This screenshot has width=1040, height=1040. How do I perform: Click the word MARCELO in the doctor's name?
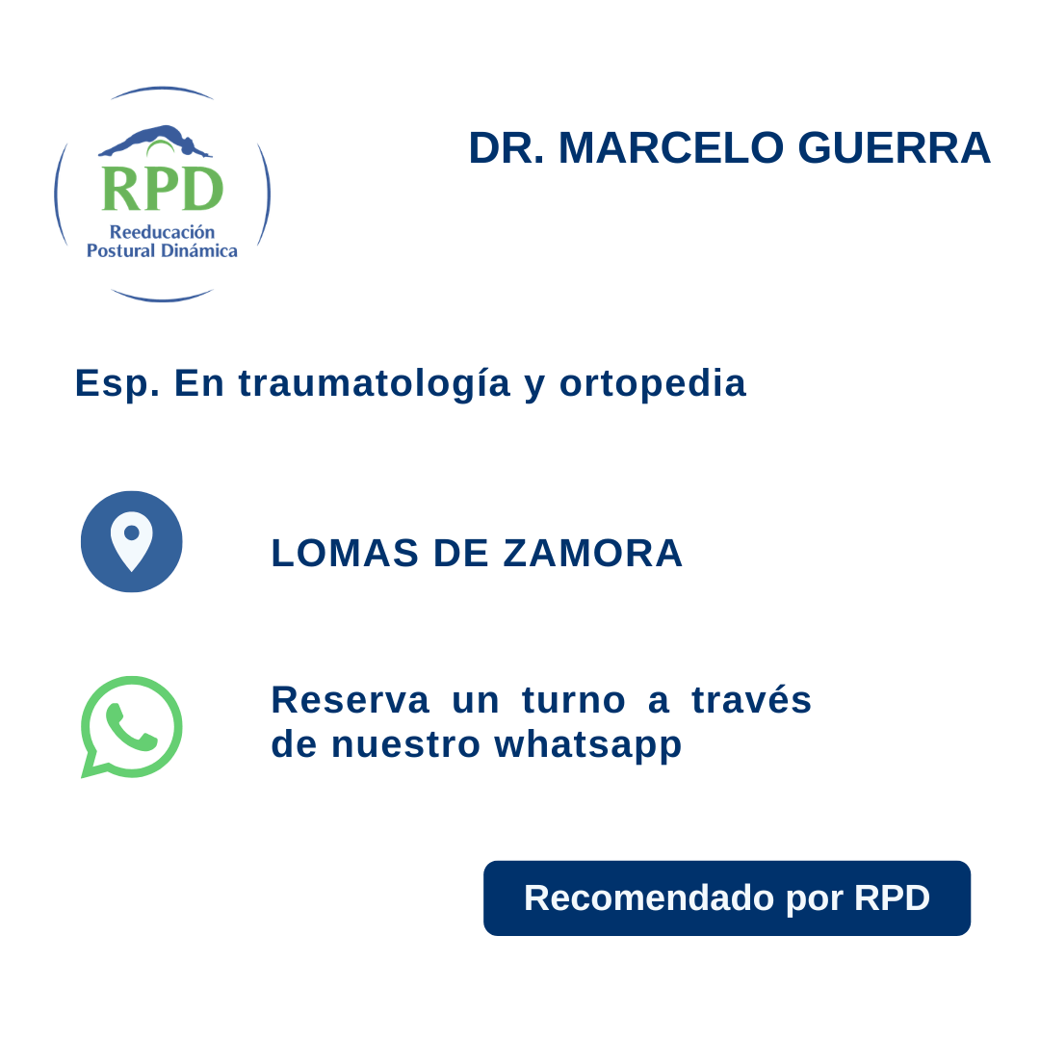pos(671,148)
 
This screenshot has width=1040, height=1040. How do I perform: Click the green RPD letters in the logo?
pos(162,189)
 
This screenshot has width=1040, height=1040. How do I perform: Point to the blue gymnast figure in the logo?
pos(154,140)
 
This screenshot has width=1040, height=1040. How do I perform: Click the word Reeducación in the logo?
pos(162,232)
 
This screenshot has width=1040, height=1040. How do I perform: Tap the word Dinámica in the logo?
pos(201,250)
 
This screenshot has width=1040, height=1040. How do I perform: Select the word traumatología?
pos(375,383)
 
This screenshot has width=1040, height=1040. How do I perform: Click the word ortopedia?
pos(653,383)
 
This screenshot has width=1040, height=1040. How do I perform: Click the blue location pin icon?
pos(132,541)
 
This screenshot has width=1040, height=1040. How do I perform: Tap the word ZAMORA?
pos(593,553)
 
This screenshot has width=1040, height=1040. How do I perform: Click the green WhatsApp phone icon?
pos(132,726)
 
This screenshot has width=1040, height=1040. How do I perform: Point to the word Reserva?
pos(350,700)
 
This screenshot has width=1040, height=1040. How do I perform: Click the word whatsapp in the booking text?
pos(588,744)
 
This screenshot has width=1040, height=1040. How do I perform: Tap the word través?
pos(752,700)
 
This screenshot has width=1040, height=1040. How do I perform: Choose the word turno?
pos(574,700)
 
